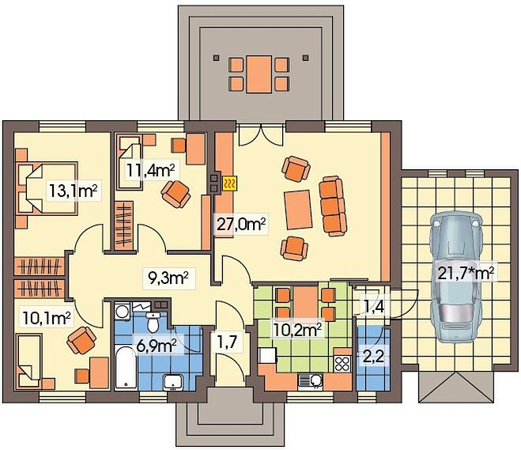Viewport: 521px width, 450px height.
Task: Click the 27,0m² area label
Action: [241, 225]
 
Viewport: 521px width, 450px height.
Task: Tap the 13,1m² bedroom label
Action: [74, 191]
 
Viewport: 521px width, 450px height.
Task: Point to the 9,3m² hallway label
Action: [168, 278]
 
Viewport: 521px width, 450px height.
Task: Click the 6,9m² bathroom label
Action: [157, 346]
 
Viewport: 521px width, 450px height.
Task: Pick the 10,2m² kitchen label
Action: [297, 330]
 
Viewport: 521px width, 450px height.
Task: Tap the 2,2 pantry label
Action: [373, 357]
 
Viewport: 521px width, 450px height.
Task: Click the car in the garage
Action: [456, 278]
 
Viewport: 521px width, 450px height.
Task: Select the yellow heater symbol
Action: [229, 183]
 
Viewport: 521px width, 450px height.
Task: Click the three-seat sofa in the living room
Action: [333, 206]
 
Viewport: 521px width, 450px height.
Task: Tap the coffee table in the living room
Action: [298, 210]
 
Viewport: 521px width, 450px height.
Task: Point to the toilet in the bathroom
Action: [153, 322]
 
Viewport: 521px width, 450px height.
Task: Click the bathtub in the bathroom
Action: [126, 367]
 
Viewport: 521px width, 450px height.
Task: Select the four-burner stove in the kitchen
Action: [342, 363]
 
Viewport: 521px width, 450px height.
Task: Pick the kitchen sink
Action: [311, 381]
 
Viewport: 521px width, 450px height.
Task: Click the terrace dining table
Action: [259, 74]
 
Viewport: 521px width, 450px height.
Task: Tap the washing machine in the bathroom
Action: [123, 312]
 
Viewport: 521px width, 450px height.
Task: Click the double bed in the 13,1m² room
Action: [47, 187]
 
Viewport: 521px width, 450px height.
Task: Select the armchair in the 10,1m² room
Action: [81, 340]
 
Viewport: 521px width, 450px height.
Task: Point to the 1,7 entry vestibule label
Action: [229, 342]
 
